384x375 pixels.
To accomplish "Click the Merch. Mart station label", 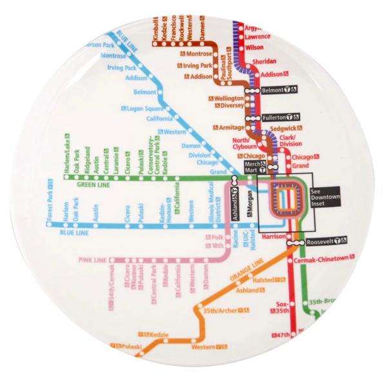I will coord(252,167).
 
